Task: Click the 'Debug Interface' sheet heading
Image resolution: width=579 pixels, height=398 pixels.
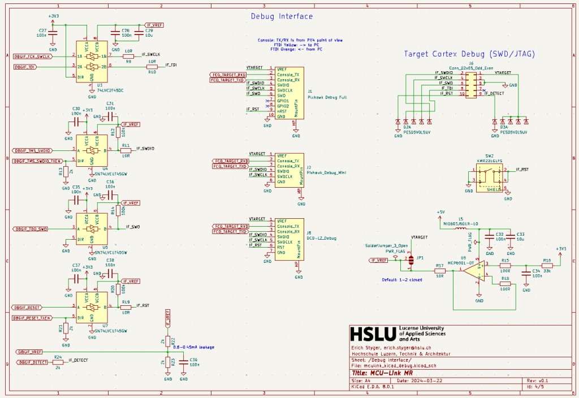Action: pyautogui.click(x=282, y=16)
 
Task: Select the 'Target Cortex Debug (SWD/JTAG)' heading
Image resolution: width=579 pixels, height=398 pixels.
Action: pyautogui.click(x=469, y=54)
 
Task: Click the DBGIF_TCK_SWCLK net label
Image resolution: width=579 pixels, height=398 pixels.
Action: pyautogui.click(x=33, y=57)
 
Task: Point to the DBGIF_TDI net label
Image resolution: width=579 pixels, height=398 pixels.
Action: pyautogui.click(x=25, y=67)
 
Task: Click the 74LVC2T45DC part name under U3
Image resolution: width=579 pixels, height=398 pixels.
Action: pyautogui.click(x=110, y=90)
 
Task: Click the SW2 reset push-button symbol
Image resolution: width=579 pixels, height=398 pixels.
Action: pyautogui.click(x=490, y=176)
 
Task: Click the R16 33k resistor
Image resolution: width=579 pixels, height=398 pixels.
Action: pyautogui.click(x=547, y=265)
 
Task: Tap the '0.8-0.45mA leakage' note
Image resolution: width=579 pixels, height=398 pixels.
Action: pyautogui.click(x=195, y=347)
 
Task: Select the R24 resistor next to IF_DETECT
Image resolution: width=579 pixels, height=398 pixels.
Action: pyautogui.click(x=58, y=362)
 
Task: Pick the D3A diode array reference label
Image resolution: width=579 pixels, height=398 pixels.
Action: pyautogui.click(x=504, y=128)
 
